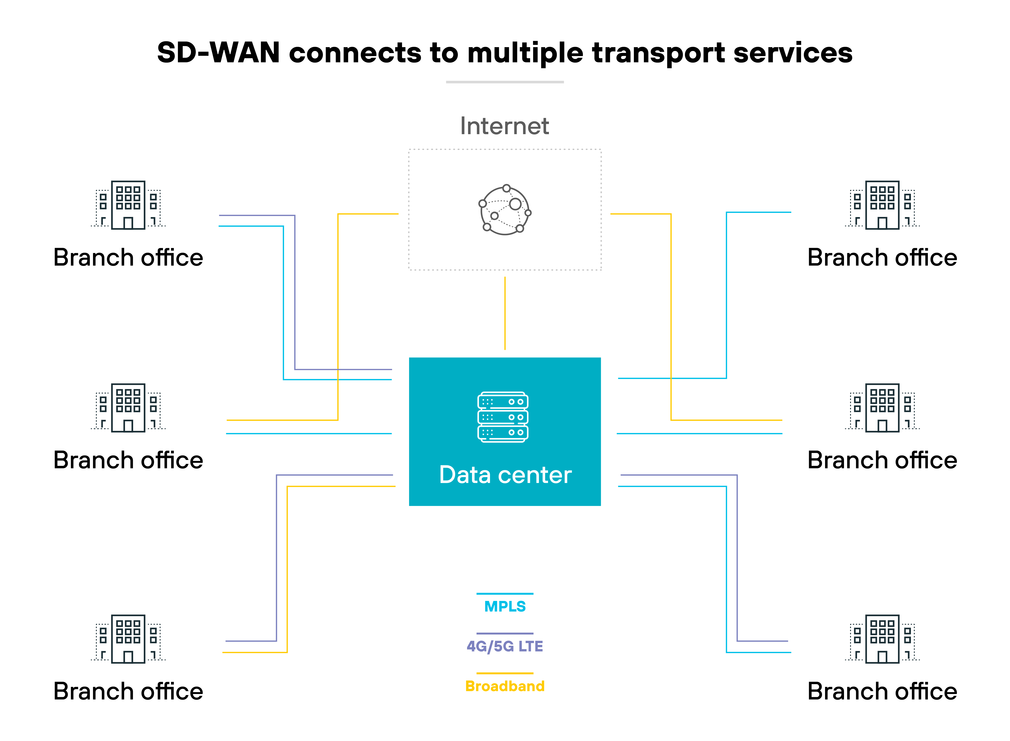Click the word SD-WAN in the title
(x=218, y=53)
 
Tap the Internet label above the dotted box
(x=505, y=126)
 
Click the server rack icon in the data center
(x=503, y=417)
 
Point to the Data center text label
(x=505, y=475)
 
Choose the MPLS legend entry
(x=505, y=606)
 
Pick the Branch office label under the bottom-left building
(x=128, y=691)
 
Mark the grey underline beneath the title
(x=505, y=82)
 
